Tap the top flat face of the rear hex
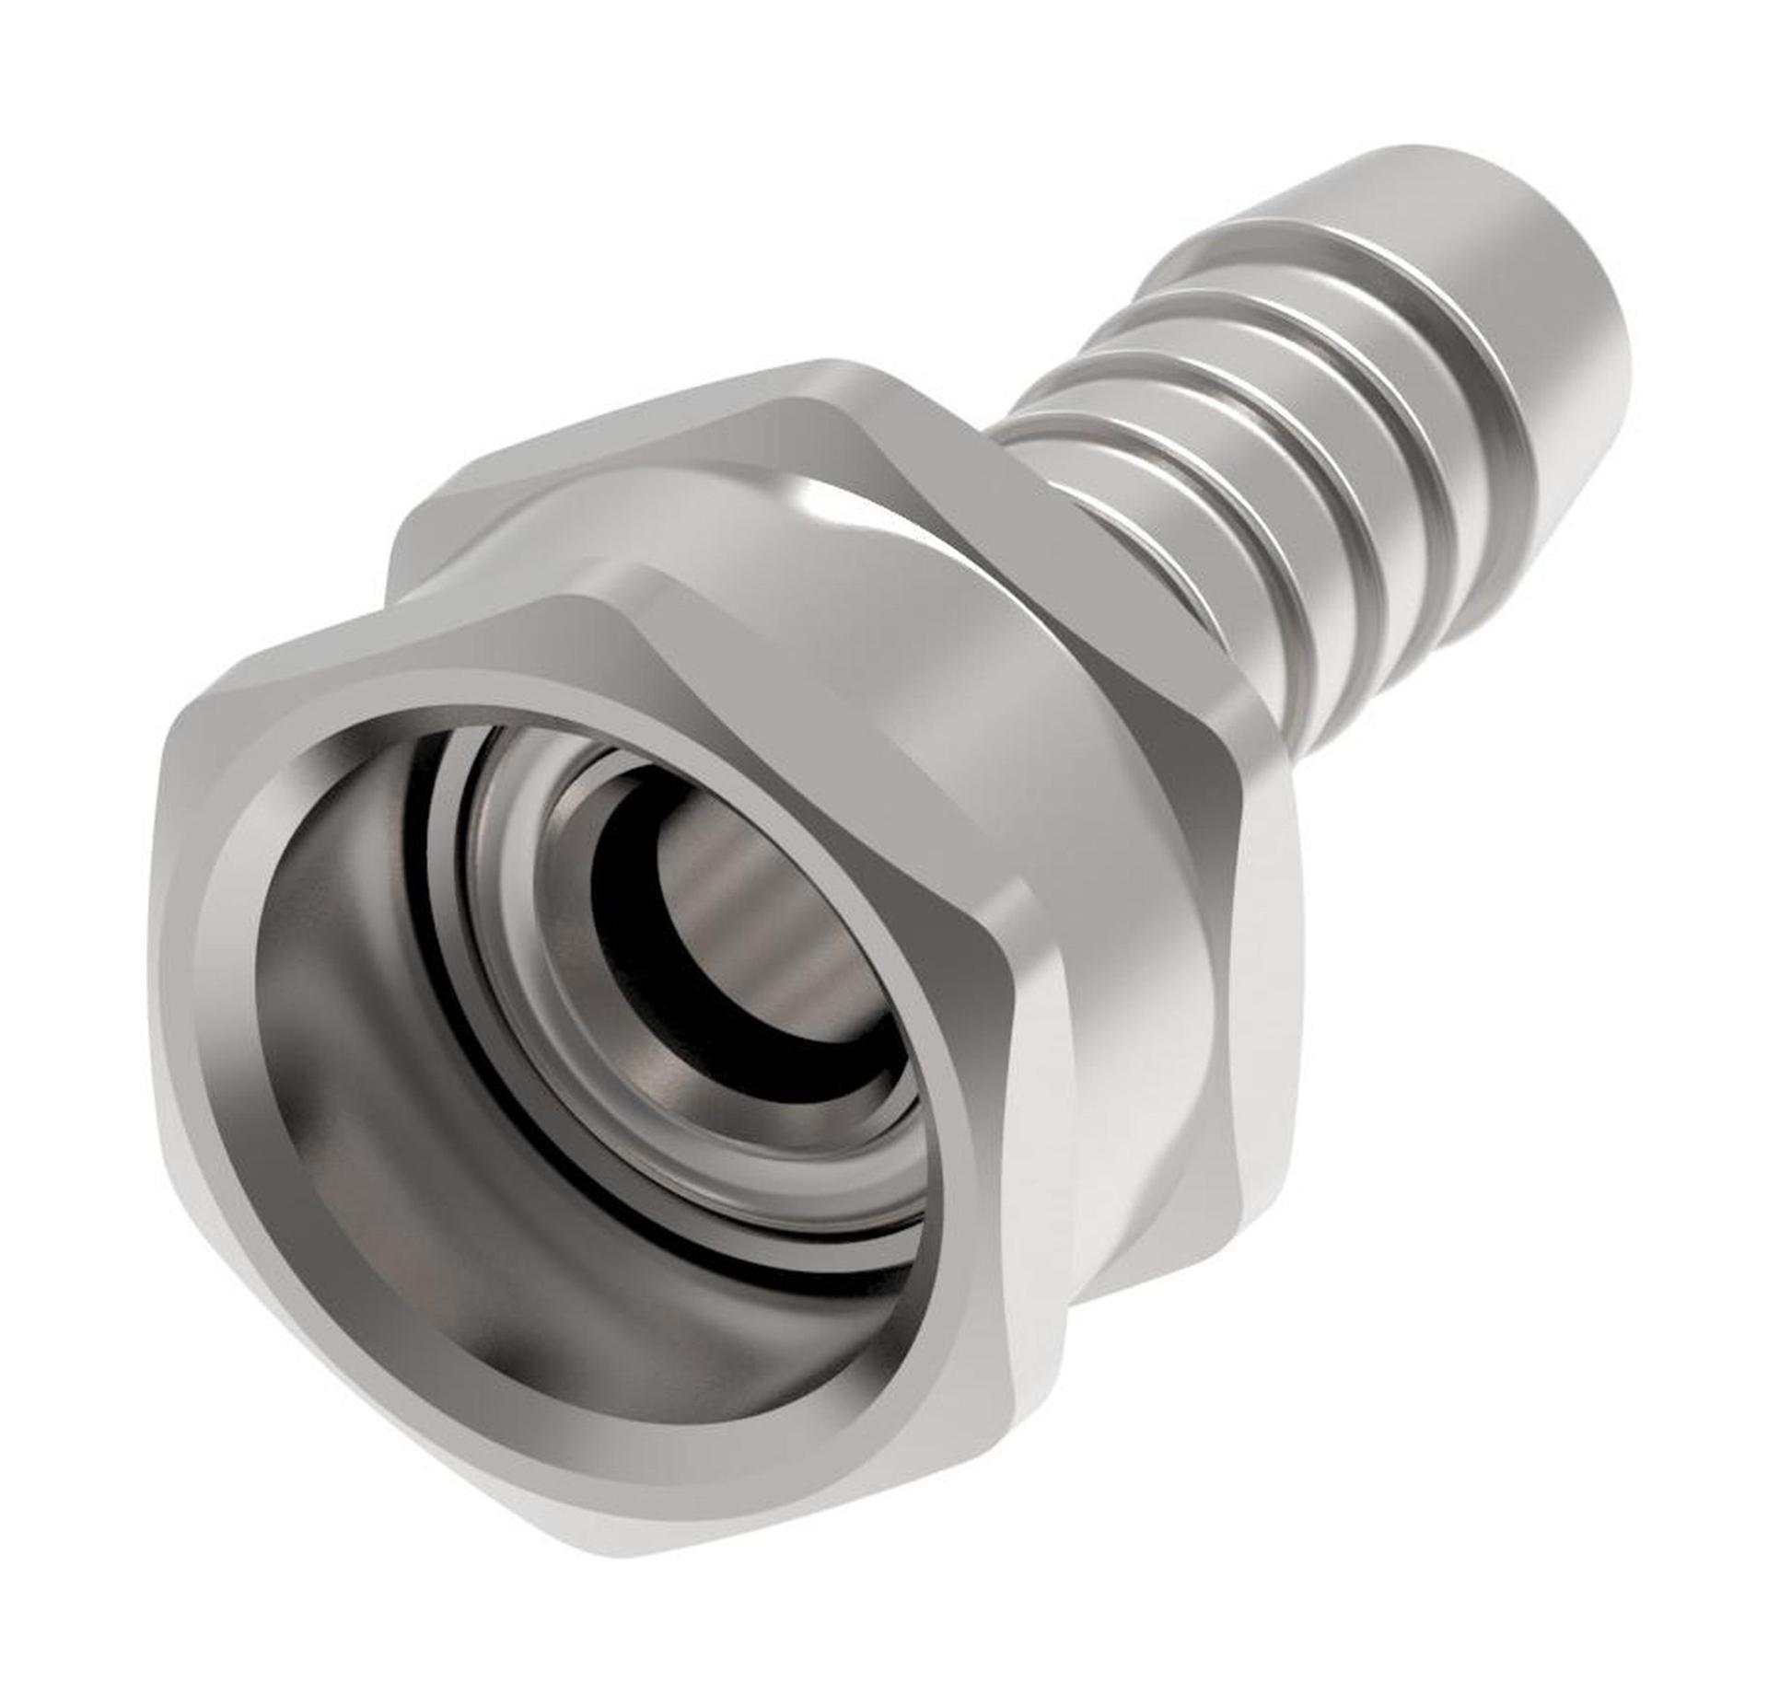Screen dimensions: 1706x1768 click(645, 433)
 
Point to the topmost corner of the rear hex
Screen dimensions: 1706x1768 click(829, 368)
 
